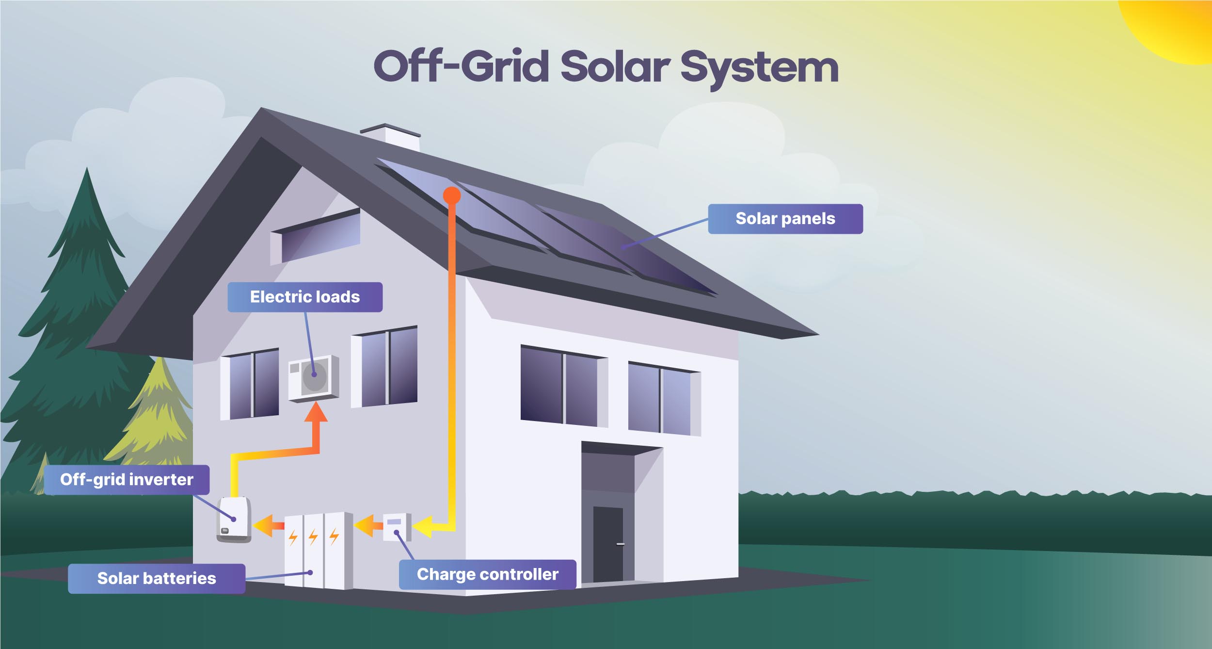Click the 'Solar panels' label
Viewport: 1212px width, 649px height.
click(785, 219)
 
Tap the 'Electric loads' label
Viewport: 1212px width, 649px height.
click(305, 297)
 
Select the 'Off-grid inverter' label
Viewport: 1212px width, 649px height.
click(127, 480)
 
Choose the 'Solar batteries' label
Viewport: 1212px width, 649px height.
click(157, 578)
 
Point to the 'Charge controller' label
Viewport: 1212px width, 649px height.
click(488, 574)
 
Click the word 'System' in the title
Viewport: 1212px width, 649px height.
click(759, 68)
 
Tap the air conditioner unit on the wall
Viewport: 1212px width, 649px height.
click(313, 378)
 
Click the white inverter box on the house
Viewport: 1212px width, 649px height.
click(234, 519)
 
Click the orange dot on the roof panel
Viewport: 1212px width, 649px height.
click(452, 195)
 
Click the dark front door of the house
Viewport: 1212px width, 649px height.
click(607, 543)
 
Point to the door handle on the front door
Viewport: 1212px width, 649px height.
click(620, 544)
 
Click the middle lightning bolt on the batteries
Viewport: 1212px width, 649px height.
click(313, 536)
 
